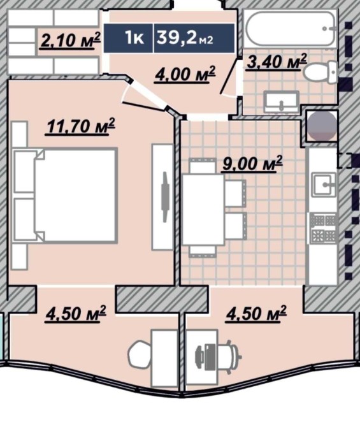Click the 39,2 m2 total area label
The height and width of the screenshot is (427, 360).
click(x=185, y=38)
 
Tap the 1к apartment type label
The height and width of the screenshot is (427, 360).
click(x=134, y=38)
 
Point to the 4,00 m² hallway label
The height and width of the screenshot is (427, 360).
click(x=185, y=73)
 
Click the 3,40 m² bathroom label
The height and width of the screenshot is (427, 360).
click(x=276, y=62)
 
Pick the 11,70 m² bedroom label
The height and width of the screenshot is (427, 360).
click(x=80, y=126)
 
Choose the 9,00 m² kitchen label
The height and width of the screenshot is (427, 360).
click(x=252, y=163)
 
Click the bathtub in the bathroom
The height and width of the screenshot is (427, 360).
click(x=291, y=29)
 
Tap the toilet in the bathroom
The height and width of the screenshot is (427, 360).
click(x=320, y=72)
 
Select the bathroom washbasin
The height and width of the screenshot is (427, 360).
click(x=281, y=101)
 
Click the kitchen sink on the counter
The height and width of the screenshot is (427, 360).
click(x=324, y=185)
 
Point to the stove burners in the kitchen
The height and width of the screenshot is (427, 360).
click(x=324, y=228)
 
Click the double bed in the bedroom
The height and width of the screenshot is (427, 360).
click(x=66, y=195)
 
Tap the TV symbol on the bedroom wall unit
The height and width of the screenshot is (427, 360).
click(x=165, y=197)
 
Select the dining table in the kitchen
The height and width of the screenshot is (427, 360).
click(x=203, y=210)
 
